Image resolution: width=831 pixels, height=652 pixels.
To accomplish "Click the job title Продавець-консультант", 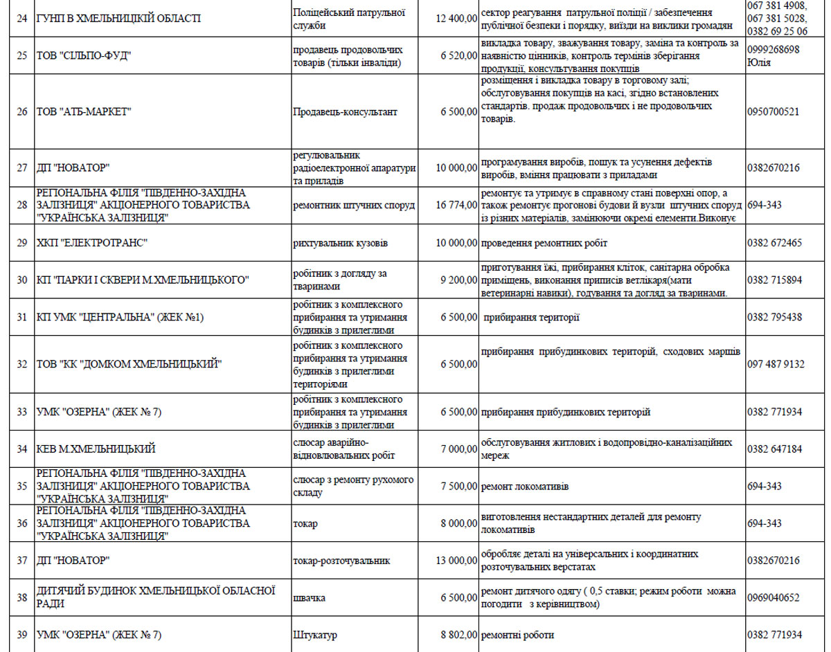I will click(x=345, y=111).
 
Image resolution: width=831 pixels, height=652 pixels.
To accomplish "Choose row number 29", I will click(x=22, y=243).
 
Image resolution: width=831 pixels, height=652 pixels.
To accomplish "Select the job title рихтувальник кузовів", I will click(x=341, y=243).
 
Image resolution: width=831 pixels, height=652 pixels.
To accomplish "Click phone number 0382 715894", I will click(x=775, y=280).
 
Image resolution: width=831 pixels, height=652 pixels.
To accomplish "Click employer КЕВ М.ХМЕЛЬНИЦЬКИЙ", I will click(x=96, y=449).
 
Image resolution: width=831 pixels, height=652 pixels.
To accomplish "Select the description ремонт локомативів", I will click(x=525, y=487).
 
